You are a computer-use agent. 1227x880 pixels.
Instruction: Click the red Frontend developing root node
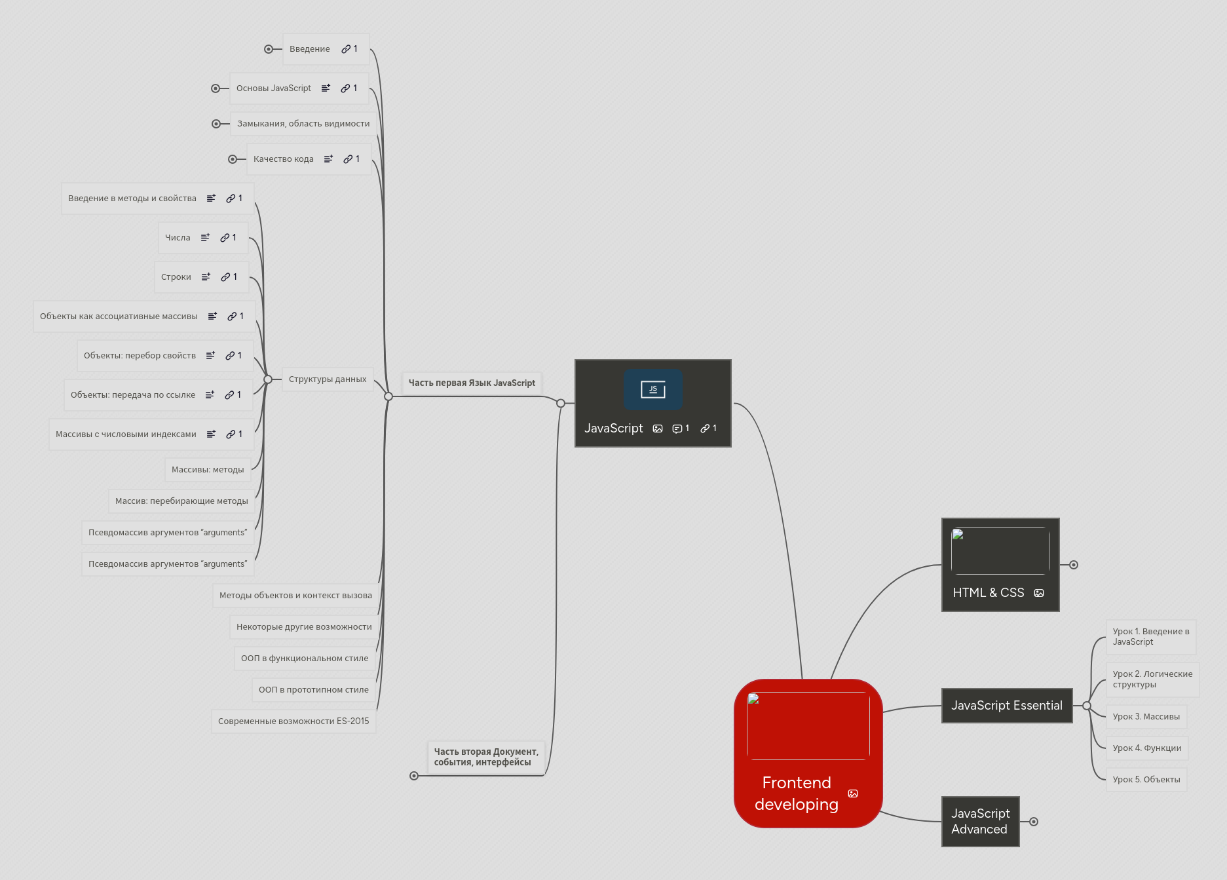808,754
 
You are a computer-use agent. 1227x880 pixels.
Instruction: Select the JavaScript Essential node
1006,706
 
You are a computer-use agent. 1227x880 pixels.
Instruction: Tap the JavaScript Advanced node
980,822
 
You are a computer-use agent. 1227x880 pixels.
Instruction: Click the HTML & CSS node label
988,592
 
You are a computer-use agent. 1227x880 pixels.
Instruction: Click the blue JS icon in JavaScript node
652,389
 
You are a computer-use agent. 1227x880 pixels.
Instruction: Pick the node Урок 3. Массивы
1146,717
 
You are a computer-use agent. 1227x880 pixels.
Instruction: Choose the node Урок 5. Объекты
1146,780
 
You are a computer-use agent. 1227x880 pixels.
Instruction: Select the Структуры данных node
328,379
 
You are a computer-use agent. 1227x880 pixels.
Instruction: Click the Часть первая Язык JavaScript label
472,383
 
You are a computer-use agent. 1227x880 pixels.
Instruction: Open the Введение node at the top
310,49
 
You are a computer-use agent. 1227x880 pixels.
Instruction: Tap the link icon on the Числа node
225,238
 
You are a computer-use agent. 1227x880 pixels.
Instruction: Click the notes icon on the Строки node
206,277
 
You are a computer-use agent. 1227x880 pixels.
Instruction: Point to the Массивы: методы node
208,470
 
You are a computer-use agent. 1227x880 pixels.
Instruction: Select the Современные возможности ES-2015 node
293,721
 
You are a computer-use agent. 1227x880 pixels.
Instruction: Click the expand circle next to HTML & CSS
1074,565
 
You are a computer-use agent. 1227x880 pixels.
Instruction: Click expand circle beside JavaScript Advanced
1034,822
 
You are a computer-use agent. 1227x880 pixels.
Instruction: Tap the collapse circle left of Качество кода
233,159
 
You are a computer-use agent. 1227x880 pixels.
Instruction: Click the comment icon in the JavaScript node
677,429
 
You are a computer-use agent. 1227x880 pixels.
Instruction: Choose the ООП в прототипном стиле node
313,690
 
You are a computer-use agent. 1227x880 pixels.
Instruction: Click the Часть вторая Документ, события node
485,757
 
